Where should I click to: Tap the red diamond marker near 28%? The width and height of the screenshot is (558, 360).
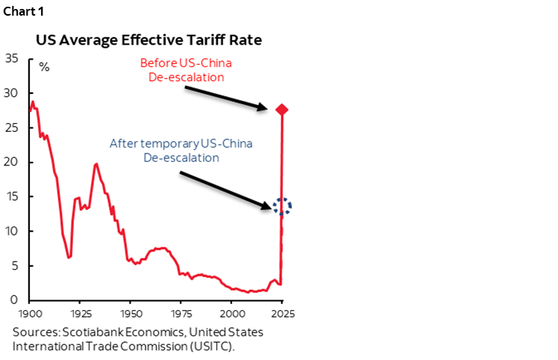click(x=282, y=110)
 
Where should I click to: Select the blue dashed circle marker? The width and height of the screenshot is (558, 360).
click(x=282, y=206)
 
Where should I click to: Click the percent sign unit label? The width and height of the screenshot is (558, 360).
click(x=44, y=67)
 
